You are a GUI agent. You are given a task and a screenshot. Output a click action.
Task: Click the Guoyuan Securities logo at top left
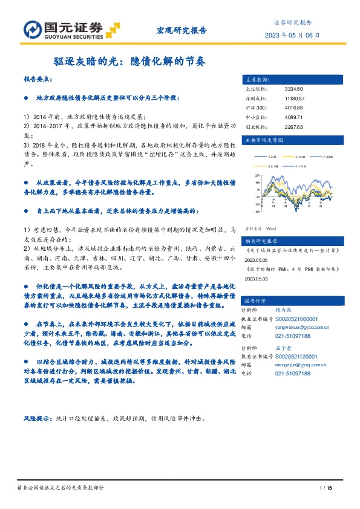click(x=60, y=29)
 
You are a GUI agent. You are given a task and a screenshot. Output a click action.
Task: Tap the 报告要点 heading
click(x=38, y=79)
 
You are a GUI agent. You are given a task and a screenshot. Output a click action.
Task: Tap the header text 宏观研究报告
click(x=182, y=29)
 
